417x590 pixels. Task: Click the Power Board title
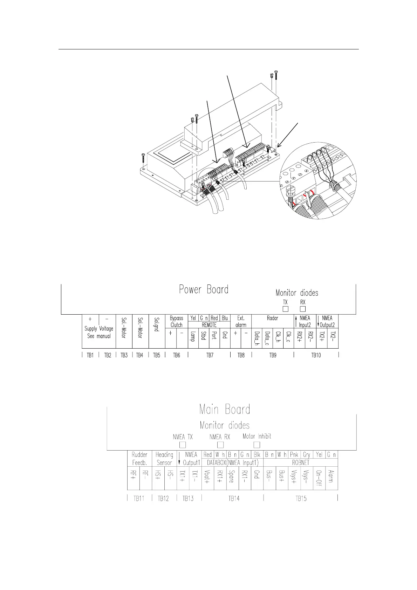click(x=204, y=289)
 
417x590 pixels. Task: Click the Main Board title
click(x=225, y=409)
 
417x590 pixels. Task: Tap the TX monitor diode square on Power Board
click(x=286, y=309)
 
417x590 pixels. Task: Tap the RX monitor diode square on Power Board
click(x=303, y=309)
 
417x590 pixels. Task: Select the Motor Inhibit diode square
click(x=257, y=445)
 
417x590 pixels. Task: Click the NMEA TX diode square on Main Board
click(x=183, y=445)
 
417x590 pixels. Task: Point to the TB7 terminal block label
click(x=210, y=355)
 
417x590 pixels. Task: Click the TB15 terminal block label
click(x=301, y=499)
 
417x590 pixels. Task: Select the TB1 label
click(x=90, y=355)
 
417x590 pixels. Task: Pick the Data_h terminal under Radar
click(x=257, y=338)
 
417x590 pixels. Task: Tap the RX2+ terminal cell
click(x=299, y=338)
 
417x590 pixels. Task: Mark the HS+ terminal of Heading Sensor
click(x=158, y=476)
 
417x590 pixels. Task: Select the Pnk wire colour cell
click(x=294, y=455)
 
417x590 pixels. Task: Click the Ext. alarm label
click(x=241, y=322)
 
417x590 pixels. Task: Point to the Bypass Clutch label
click(x=177, y=322)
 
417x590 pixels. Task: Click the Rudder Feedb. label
click(x=139, y=459)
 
